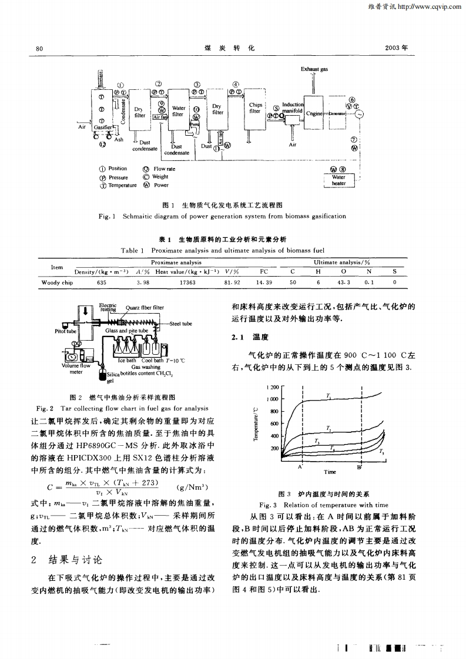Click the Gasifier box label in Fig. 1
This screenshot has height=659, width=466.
[x=104, y=127]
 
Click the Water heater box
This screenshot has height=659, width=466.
[x=338, y=180]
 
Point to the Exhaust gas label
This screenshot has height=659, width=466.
[x=314, y=69]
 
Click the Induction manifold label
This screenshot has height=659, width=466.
[x=291, y=107]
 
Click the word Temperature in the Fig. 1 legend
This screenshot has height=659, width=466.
[x=123, y=185]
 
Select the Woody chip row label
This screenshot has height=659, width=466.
[x=57, y=282]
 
